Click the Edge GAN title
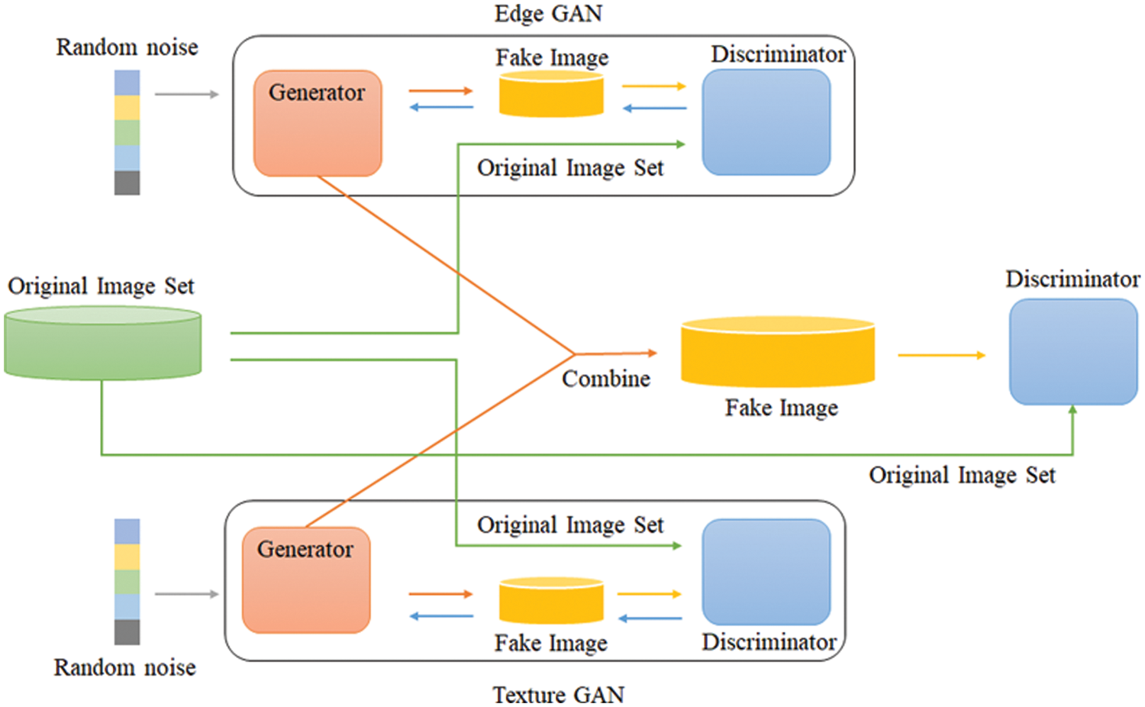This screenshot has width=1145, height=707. tap(548, 14)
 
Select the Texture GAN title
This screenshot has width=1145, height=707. tap(558, 695)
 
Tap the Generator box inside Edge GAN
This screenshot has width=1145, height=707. tap(318, 124)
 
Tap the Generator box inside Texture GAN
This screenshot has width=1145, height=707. tap(306, 580)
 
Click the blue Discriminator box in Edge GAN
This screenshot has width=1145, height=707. tap(766, 122)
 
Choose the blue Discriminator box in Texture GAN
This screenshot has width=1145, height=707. tap(766, 572)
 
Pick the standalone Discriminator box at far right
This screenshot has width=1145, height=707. tap(1072, 351)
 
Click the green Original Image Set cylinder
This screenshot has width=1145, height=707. tap(103, 344)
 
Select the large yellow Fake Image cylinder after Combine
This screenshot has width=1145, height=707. tap(777, 353)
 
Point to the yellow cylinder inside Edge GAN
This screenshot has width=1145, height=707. tap(551, 94)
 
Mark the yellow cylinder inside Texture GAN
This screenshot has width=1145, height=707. tap(551, 601)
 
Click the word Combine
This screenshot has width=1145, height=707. tap(606, 379)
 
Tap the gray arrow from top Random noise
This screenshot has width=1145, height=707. tap(186, 94)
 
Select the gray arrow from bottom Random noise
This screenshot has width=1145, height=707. tap(186, 593)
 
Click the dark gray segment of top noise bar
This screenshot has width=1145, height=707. tap(127, 182)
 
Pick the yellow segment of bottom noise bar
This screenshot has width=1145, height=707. tap(127, 557)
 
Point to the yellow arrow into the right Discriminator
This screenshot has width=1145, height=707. tap(941, 355)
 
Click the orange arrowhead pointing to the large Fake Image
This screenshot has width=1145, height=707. tap(652, 353)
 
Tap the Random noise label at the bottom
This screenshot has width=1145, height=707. tap(125, 667)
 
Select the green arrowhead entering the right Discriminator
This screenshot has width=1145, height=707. tap(1072, 410)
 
